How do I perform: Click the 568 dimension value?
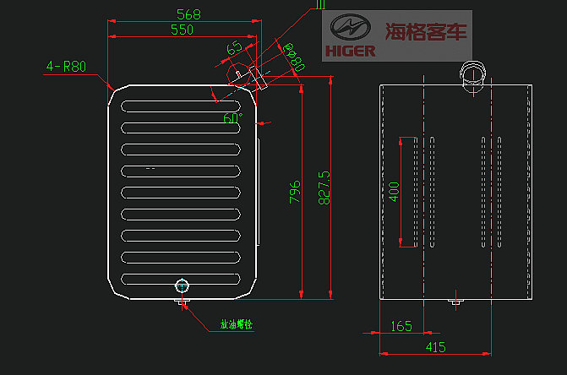coord(189,14)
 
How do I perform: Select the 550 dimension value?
coord(182,30)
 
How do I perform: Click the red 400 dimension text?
coord(394,192)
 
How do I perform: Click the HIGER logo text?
coord(350,51)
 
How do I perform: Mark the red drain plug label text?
coord(236,324)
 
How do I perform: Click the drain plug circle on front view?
coord(182,285)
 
